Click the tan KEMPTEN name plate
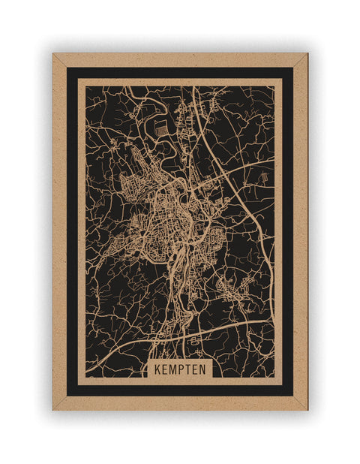[x=180, y=369]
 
